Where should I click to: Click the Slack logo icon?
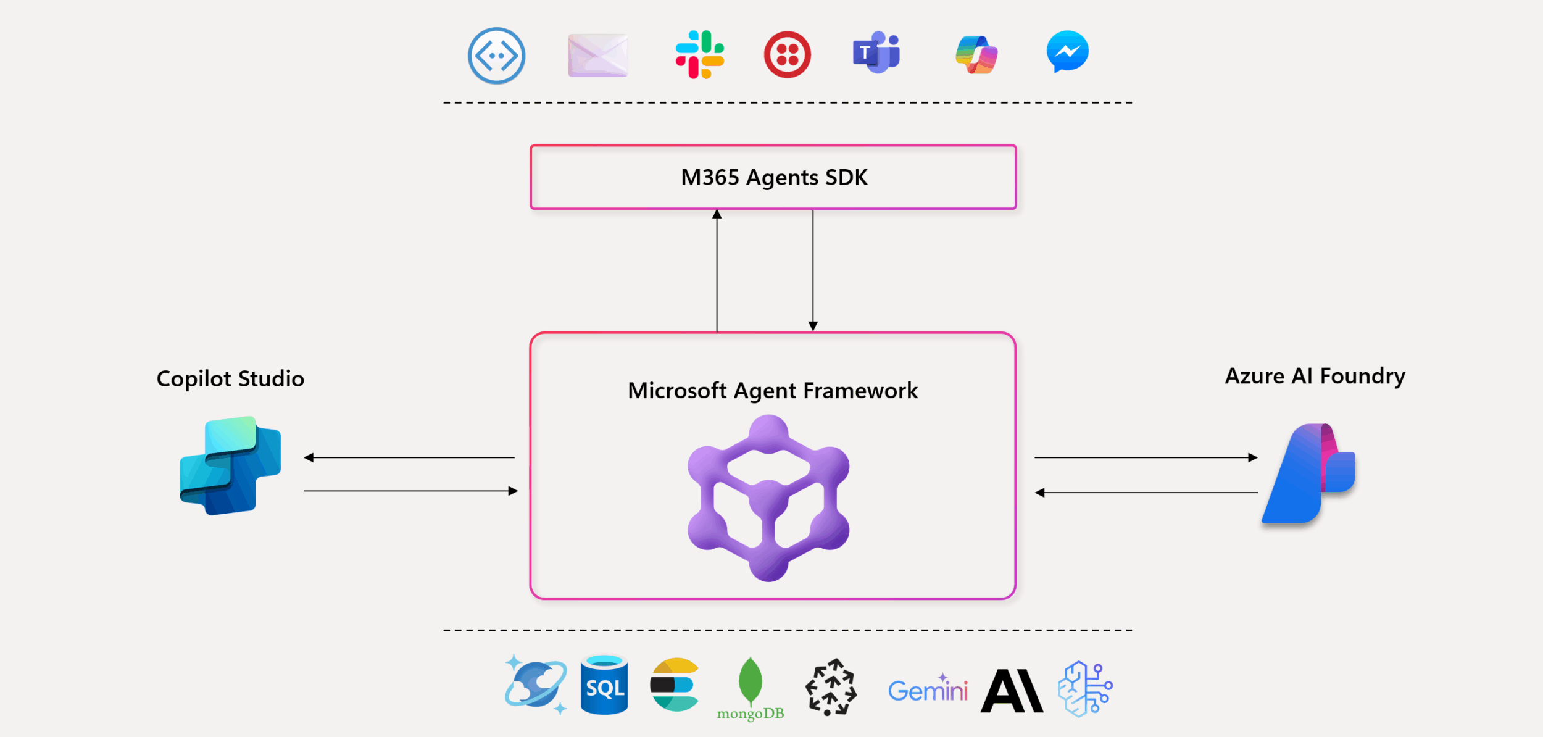point(699,54)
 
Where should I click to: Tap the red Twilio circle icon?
point(788,55)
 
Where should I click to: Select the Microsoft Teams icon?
point(876,52)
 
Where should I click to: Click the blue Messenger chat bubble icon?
point(1067,51)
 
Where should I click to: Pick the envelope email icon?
point(597,56)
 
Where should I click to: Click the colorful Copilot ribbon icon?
point(976,54)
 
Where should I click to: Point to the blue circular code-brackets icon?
point(496,56)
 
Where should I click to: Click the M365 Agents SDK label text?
point(774,178)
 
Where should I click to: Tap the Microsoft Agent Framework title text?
point(773,391)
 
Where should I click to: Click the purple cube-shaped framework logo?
point(768,498)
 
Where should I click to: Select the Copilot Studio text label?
point(230,378)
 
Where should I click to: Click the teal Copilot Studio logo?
point(230,466)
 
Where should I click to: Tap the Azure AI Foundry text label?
point(1315,376)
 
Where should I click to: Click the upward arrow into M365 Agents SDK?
point(717,272)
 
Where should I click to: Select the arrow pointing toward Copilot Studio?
point(409,457)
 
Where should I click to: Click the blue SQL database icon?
point(604,685)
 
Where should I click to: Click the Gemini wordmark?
point(928,690)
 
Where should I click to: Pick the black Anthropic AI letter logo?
point(1012,691)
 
